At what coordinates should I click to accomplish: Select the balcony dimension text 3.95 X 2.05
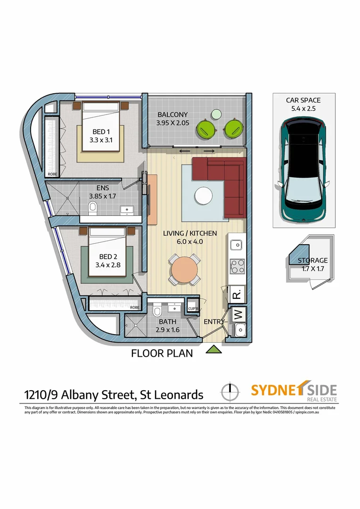[x=172, y=123]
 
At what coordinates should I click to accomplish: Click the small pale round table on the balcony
[x=216, y=114]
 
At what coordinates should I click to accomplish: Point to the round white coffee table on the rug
[x=204, y=195]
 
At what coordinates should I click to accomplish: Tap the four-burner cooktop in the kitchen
[x=236, y=267]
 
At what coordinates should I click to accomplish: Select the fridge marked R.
[x=237, y=295]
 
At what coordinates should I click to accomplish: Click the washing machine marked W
[x=237, y=313]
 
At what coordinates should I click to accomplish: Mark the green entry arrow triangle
[x=214, y=349]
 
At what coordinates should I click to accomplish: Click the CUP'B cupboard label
[x=192, y=309]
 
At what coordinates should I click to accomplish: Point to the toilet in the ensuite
[x=93, y=207]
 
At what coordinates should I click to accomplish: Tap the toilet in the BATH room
[x=158, y=311]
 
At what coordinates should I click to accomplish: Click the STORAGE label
[x=312, y=260]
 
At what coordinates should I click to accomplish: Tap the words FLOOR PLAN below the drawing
[x=162, y=353]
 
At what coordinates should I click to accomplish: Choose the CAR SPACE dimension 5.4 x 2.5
[x=303, y=108]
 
